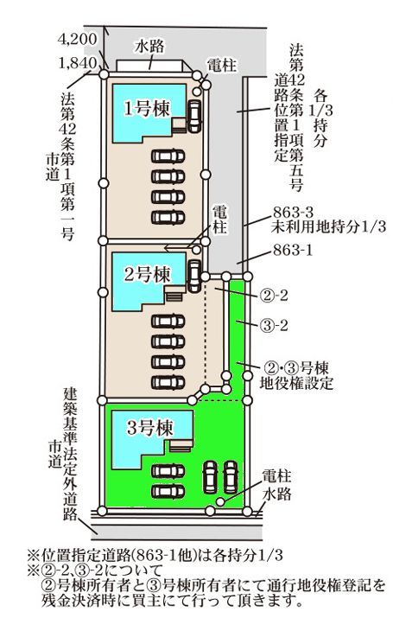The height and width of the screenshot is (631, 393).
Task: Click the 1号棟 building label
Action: pyautogui.click(x=147, y=108)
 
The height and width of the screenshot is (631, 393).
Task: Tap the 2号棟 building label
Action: pyautogui.click(x=147, y=275)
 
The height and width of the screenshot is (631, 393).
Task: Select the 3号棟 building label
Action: pyautogui.click(x=149, y=427)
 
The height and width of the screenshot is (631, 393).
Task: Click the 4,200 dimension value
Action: pyautogui.click(x=77, y=39)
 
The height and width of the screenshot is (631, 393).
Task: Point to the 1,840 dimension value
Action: pyautogui.click(x=78, y=63)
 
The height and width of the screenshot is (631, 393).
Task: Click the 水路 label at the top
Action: pyautogui.click(x=149, y=47)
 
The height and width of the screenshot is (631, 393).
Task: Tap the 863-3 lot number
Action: pyautogui.click(x=293, y=212)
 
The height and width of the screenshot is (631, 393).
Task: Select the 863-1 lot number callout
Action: pyautogui.click(x=293, y=251)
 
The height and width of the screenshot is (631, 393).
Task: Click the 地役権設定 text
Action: pyautogui.click(x=296, y=383)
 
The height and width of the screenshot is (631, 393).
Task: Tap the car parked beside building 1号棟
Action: pyautogui.click(x=194, y=116)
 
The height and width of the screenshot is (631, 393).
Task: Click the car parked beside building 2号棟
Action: pyautogui.click(x=194, y=276)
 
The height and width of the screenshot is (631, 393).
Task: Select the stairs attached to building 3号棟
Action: pyautogui.click(x=181, y=445)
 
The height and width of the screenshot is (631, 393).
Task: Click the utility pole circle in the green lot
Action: pyautogui.click(x=220, y=501)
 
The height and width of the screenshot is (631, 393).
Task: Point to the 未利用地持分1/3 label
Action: pyautogui.click(x=328, y=227)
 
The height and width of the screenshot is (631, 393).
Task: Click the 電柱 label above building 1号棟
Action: pyautogui.click(x=222, y=65)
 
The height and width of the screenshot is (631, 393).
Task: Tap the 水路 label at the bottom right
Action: pyautogui.click(x=276, y=494)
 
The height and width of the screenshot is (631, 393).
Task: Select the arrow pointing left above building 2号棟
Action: pyautogui.click(x=176, y=249)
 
